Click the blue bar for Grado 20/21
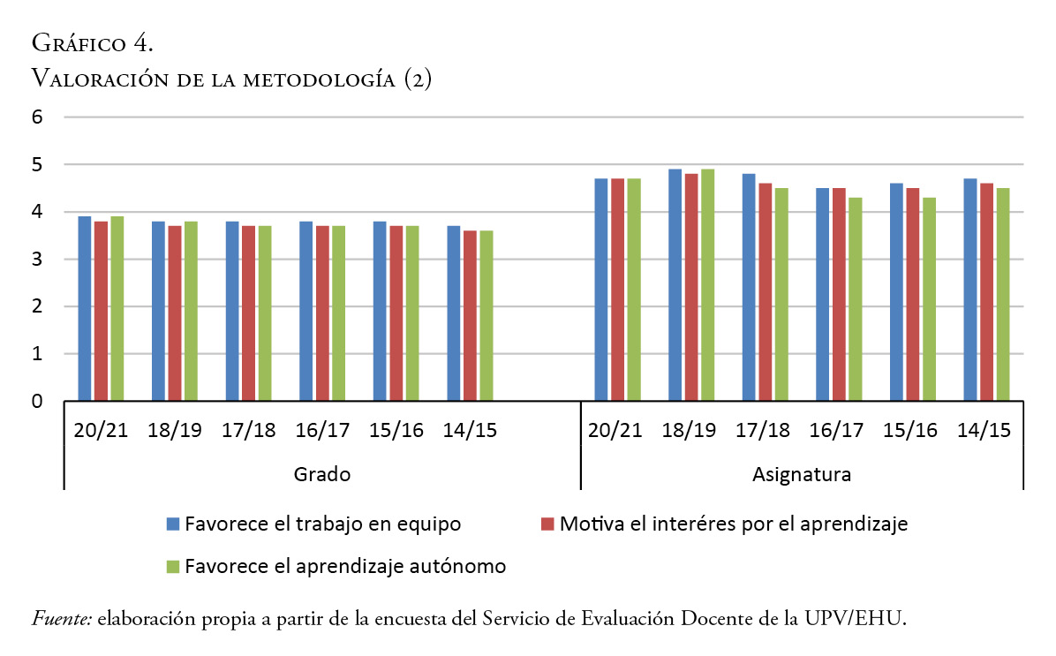click(84, 309)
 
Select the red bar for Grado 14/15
click(470, 316)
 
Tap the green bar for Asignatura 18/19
click(708, 285)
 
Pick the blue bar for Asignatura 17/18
click(749, 288)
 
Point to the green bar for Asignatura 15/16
click(929, 299)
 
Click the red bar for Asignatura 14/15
click(986, 292)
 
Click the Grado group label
click(322, 474)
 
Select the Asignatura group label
click(802, 474)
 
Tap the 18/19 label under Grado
click(175, 430)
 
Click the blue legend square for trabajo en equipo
click(173, 524)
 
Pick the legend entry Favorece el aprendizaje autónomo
click(345, 566)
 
